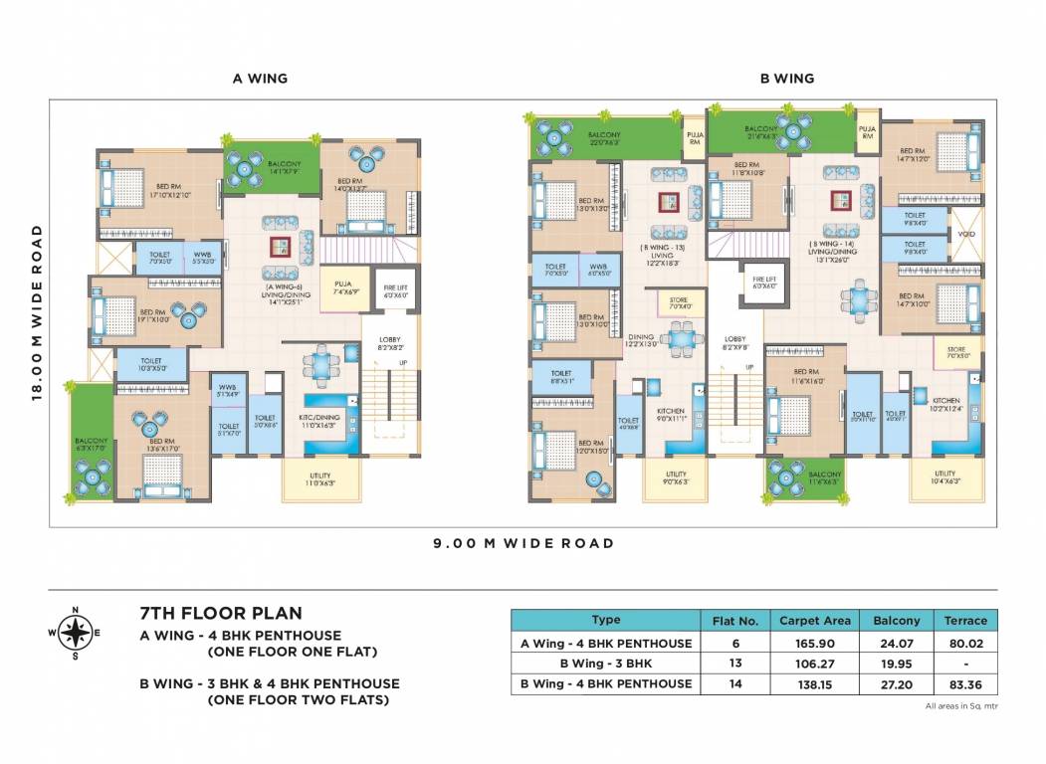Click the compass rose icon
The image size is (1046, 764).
(x=75, y=632)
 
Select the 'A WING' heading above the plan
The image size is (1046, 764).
(x=261, y=78)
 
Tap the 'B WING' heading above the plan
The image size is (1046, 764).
(x=786, y=78)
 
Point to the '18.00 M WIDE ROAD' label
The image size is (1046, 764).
(x=38, y=312)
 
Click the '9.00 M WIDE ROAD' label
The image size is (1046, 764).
(x=523, y=543)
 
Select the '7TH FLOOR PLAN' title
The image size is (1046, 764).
(x=221, y=614)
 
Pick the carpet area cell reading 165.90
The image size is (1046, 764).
(x=814, y=644)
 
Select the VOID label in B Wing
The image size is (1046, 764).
(x=965, y=236)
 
